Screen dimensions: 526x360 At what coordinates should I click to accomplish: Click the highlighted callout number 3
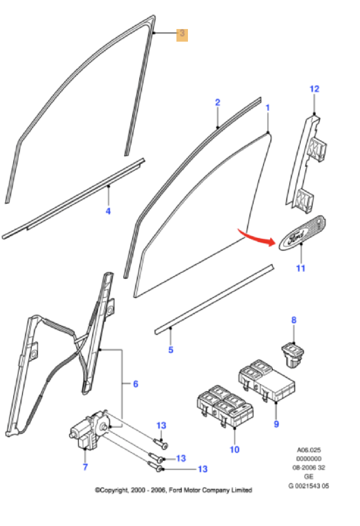coord(182,34)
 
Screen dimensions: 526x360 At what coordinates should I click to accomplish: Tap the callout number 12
coord(314,89)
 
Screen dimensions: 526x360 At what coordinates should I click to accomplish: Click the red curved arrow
coord(256,238)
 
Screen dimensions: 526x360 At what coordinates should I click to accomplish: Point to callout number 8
coord(293,320)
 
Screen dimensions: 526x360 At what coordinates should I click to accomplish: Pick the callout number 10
coord(235,450)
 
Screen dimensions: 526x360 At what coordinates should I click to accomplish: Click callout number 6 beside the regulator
coord(135,384)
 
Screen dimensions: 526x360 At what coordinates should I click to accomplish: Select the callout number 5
coord(170,350)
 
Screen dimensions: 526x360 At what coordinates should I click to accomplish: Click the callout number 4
coord(108,211)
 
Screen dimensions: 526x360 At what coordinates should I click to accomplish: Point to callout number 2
coord(218,102)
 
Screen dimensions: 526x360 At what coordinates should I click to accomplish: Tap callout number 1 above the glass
coord(267,108)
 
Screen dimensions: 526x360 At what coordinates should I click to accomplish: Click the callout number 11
coord(300,268)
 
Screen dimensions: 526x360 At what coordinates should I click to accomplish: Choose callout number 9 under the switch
coord(276,424)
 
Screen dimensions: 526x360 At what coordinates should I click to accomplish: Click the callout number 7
coord(85,467)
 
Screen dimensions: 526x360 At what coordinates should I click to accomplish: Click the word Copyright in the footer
coord(116,490)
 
